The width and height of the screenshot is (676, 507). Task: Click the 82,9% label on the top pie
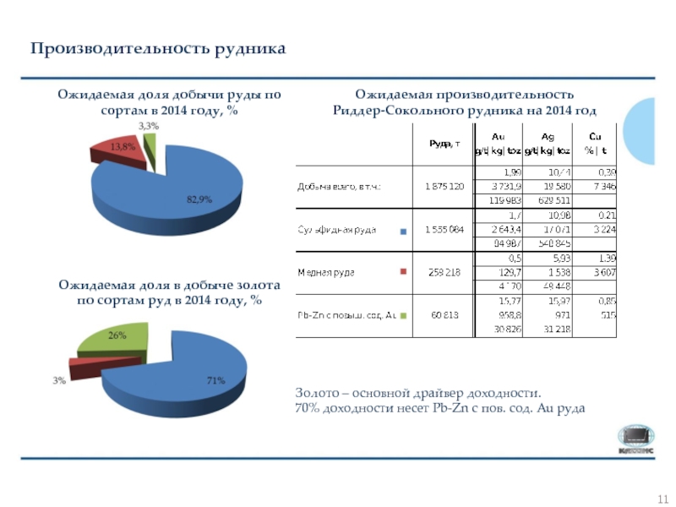[x=199, y=199]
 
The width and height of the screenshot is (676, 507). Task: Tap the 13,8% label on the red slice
[x=123, y=146]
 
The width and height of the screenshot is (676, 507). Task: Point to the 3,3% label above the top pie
[x=148, y=126]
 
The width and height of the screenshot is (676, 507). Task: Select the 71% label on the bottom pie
[x=215, y=381]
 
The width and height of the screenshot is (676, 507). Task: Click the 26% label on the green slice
[x=117, y=335]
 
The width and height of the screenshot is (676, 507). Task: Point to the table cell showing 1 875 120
[x=443, y=187]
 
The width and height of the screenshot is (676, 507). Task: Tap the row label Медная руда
[x=325, y=272]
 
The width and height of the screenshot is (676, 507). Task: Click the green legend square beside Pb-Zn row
[x=403, y=316]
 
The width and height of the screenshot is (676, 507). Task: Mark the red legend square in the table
[x=403, y=272]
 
